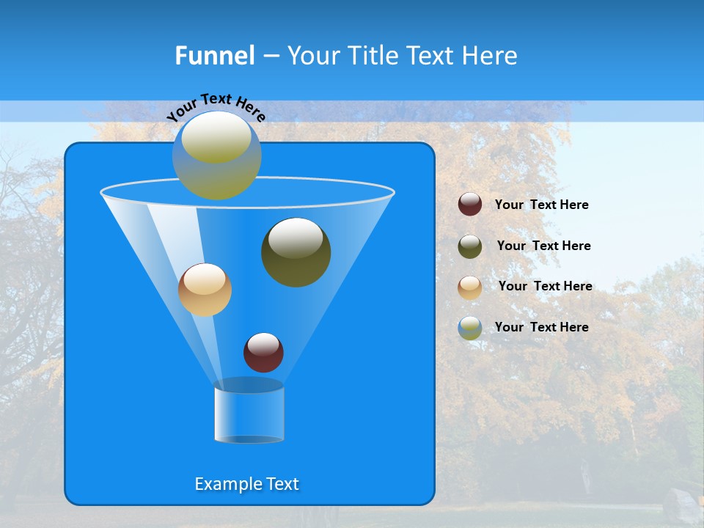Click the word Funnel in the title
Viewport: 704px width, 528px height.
pos(214,56)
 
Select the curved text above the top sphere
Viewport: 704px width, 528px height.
pos(216,106)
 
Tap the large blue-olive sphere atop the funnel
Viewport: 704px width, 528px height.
pos(217,156)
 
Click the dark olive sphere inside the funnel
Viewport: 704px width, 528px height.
pos(296,253)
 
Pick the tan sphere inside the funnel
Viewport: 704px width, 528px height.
pos(205,290)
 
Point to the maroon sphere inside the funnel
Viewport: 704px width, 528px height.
pos(263,352)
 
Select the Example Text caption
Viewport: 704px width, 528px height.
pos(246,484)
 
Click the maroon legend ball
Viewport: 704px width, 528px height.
pos(470,205)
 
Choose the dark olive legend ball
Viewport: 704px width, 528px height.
pos(470,246)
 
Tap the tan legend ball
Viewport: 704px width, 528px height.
pos(470,287)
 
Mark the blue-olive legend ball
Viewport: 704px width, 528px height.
pos(470,327)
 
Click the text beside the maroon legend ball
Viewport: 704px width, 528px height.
pos(541,205)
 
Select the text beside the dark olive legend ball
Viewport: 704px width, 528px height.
pos(543,246)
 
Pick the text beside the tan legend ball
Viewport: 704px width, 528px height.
pos(545,286)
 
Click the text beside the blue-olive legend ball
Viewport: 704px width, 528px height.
pos(541,327)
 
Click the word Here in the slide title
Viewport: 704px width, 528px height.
pos(490,56)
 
